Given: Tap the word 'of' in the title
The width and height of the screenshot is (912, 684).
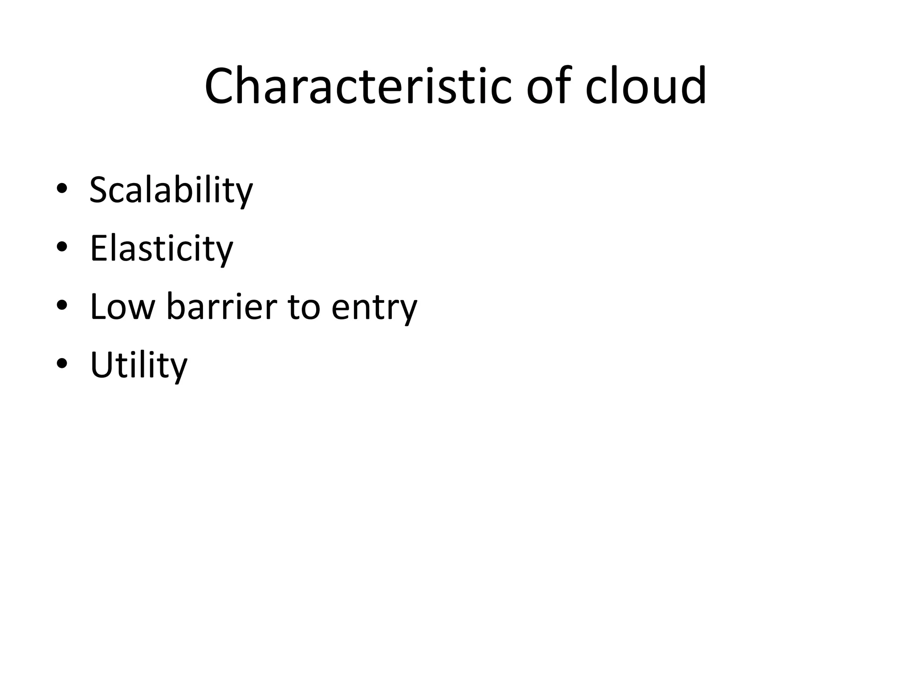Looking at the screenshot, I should pos(549,85).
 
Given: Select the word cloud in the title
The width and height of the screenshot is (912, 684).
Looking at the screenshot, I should pos(646,85).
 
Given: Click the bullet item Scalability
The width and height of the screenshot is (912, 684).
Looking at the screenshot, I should pos(171,190).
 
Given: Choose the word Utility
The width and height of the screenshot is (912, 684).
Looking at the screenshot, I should pos(138,365).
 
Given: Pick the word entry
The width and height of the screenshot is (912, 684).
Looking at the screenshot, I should pos(374,307).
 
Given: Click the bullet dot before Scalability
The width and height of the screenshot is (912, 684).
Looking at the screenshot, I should pos(62,189).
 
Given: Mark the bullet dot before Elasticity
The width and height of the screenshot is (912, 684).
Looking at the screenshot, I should pos(62,247).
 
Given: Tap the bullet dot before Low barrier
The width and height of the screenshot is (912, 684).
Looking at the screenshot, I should pos(62,305).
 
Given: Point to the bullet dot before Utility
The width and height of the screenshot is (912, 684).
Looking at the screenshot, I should pos(62,364).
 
